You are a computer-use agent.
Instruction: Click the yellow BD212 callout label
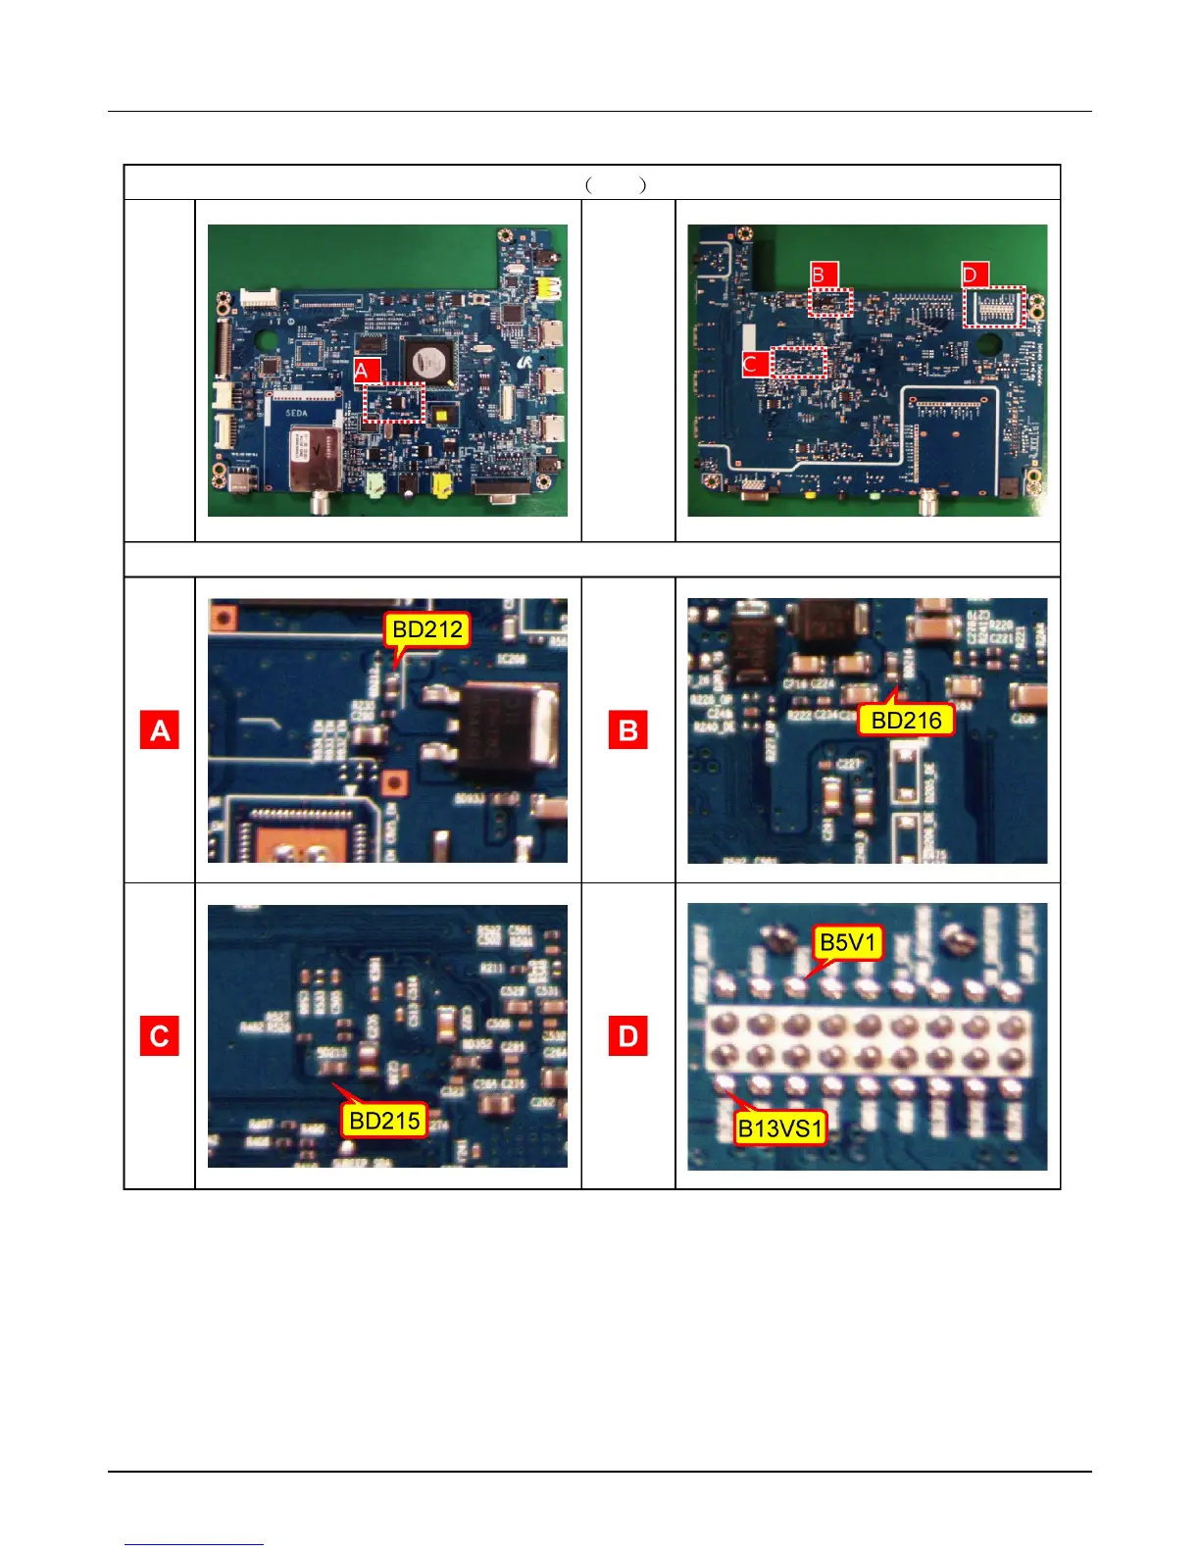[427, 629]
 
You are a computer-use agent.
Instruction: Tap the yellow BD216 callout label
[906, 721]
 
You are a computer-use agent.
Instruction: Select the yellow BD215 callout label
[384, 1121]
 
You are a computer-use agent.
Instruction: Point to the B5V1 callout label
[849, 943]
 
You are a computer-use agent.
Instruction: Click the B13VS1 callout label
[780, 1128]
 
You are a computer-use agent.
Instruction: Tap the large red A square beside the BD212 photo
[160, 731]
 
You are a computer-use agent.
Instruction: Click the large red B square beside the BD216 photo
[628, 731]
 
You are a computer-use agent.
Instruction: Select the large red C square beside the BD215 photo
[160, 1036]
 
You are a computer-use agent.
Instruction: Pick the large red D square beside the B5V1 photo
[628, 1036]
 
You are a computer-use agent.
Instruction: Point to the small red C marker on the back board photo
[755, 364]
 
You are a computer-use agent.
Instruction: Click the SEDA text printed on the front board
[296, 414]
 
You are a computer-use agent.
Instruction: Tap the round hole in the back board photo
[988, 347]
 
